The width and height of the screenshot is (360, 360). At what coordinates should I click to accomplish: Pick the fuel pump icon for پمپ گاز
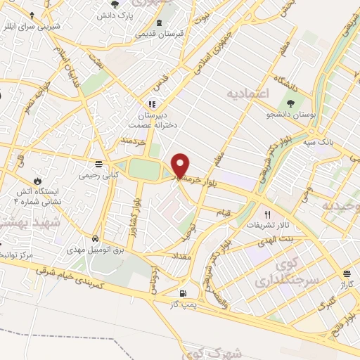tap(184, 293)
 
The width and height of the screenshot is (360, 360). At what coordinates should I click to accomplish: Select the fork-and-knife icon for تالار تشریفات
tap(266, 214)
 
